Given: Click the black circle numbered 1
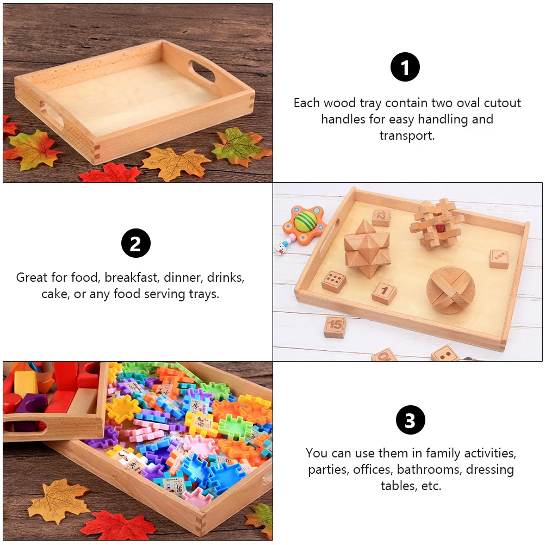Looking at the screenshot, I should pyautogui.click(x=405, y=67).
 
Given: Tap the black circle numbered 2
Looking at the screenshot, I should pyautogui.click(x=135, y=243).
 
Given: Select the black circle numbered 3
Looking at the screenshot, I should pyautogui.click(x=410, y=420).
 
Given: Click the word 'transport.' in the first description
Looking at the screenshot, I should pyautogui.click(x=407, y=136).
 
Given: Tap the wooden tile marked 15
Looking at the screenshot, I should pyautogui.click(x=335, y=326).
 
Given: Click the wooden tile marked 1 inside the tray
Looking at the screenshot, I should pyautogui.click(x=384, y=292).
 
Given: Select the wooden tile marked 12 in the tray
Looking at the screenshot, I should pyautogui.click(x=381, y=218).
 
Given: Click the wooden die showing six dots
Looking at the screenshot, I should pyautogui.click(x=333, y=281).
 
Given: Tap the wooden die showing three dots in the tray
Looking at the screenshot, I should pyautogui.click(x=499, y=258).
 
